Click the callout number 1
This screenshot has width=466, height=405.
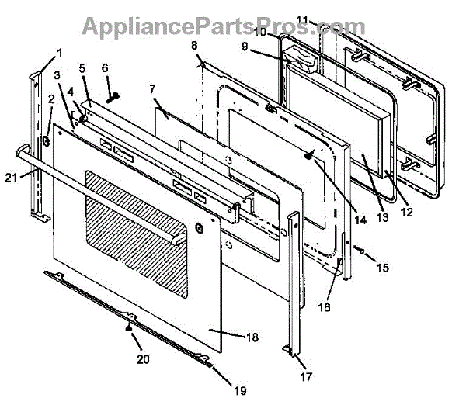(x=59, y=53)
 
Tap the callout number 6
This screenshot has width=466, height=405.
(x=106, y=67)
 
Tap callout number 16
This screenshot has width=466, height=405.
(x=323, y=307)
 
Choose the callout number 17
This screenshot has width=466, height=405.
(x=306, y=377)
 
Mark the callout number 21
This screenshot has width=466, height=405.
(x=10, y=178)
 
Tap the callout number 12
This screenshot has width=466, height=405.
(x=407, y=210)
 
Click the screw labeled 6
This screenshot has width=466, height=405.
(x=114, y=96)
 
